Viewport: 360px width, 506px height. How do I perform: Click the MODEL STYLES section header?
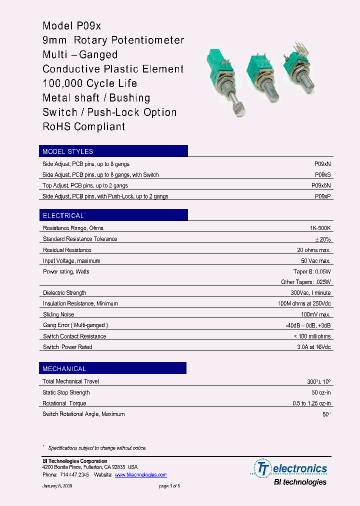point(68,151)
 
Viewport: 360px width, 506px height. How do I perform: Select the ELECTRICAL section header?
point(64,215)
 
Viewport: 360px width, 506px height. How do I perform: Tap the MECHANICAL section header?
point(64,368)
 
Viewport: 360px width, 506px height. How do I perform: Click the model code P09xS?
point(322,175)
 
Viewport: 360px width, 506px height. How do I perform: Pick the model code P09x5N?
point(321,185)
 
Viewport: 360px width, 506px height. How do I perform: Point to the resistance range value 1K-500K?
point(320,228)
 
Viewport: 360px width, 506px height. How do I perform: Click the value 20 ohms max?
point(314,250)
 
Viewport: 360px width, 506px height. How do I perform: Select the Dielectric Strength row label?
point(64,293)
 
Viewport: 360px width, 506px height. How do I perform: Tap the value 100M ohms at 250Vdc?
point(304,303)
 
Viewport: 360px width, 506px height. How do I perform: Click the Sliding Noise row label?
point(58,314)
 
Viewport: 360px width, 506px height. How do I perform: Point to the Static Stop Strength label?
point(66,392)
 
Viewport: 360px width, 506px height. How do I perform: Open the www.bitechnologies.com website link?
point(140,474)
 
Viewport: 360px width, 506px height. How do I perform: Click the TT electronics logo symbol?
point(262,468)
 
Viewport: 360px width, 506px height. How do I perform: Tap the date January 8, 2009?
point(57,486)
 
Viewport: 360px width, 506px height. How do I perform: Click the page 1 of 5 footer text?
point(169,486)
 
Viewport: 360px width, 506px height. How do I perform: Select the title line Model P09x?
point(72,26)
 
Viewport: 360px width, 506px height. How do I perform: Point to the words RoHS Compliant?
point(84,126)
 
